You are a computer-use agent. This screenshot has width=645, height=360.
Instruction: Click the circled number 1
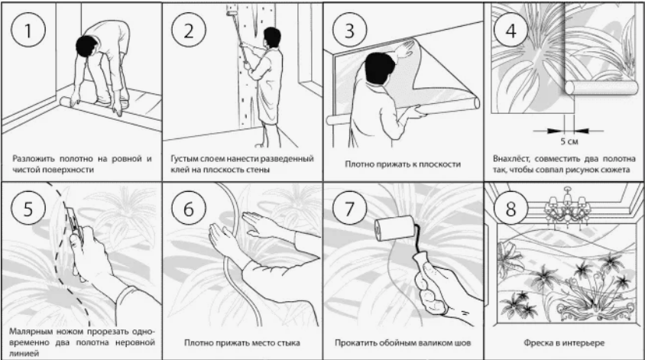(28, 31)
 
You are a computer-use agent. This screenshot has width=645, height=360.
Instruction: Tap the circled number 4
(511, 31)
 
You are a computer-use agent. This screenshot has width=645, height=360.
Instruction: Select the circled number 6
(189, 208)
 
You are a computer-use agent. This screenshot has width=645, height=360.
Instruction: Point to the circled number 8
(511, 208)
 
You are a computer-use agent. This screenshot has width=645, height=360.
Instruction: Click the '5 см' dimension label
(569, 141)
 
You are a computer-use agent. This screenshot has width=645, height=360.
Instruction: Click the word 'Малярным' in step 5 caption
(28, 331)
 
